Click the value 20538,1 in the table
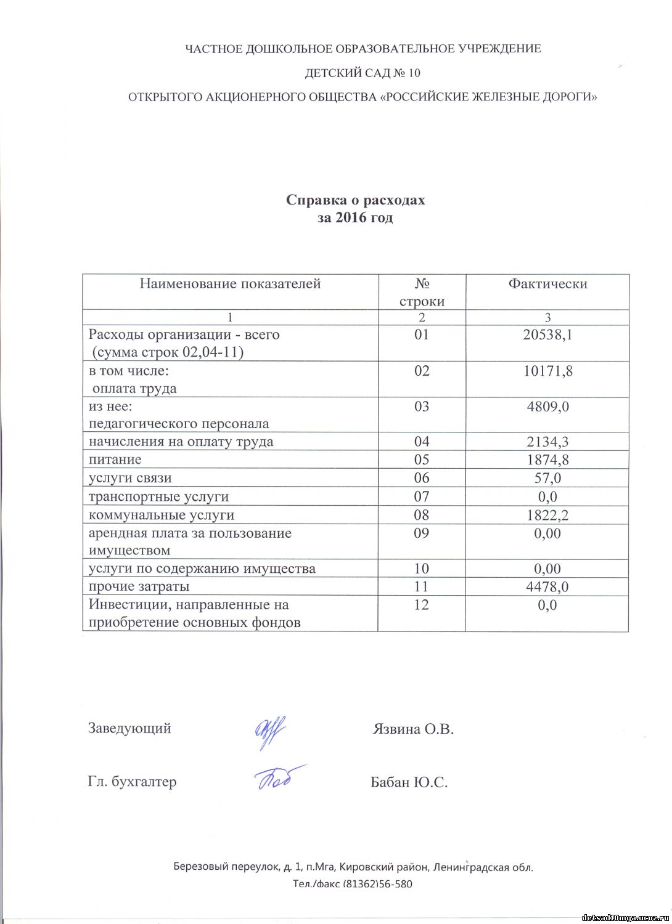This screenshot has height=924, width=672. [547, 334]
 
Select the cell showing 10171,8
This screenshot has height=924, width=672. [547, 371]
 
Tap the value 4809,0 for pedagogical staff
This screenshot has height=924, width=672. [547, 407]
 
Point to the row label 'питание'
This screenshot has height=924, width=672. [115, 460]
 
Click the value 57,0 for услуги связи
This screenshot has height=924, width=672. [547, 478]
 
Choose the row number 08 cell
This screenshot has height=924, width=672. [422, 515]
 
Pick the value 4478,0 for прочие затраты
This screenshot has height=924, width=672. [547, 586]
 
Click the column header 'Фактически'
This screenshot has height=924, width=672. [547, 284]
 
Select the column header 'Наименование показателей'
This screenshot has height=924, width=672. [230, 284]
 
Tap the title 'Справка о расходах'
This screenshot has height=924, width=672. [356, 200]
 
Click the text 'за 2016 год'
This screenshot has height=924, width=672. [356, 217]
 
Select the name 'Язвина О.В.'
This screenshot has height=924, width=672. [413, 729]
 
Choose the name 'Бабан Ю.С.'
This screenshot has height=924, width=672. [409, 782]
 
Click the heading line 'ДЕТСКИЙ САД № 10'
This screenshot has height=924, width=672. [363, 73]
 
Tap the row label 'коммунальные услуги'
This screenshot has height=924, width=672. [162, 515]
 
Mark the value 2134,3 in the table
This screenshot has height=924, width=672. [547, 442]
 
